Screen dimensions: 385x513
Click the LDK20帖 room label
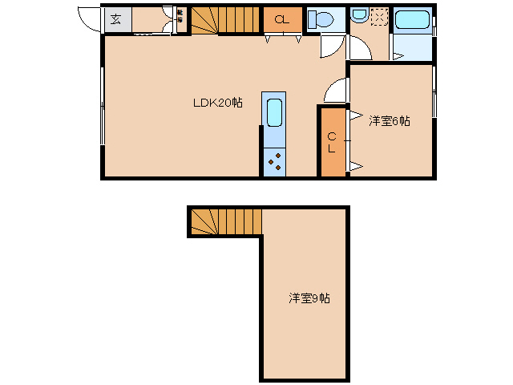pos(216,103)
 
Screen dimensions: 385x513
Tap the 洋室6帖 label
pos(390,121)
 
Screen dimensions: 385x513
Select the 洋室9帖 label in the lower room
pos(309,298)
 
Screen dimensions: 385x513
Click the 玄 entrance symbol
pos(116,20)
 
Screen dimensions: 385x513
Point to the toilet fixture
pos(322,19)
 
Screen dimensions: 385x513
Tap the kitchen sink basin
pos(274,112)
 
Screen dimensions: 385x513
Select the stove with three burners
pos(274,161)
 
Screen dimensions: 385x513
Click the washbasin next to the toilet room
pos(359,15)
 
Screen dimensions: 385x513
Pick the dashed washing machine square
pos(378,15)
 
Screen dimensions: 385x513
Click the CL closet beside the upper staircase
pos(283,20)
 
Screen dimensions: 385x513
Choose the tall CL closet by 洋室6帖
pos(331,141)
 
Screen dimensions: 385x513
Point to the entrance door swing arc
pos(90,20)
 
